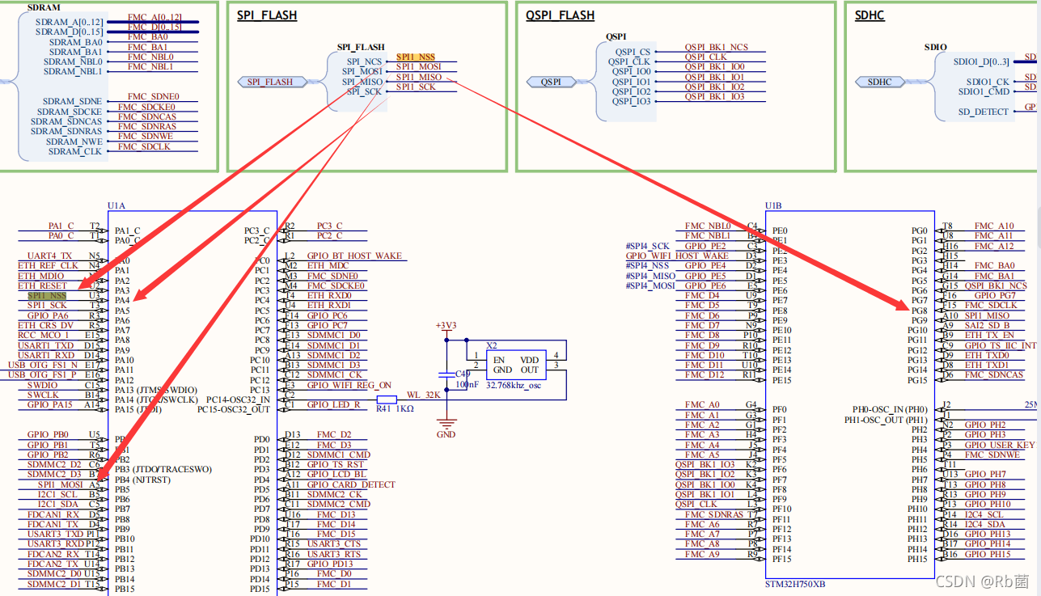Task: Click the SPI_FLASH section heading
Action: click(x=267, y=15)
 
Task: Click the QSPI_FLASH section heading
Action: click(x=560, y=15)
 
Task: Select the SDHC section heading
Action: click(x=873, y=15)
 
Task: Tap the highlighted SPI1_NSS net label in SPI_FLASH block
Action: click(x=416, y=57)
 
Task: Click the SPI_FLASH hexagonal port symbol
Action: click(x=270, y=82)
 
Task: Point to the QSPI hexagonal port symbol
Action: click(x=551, y=82)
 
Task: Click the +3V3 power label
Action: click(x=445, y=325)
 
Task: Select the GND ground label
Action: click(x=446, y=434)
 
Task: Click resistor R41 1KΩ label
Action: click(x=396, y=409)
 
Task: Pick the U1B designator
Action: click(x=773, y=206)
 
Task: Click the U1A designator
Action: click(x=116, y=206)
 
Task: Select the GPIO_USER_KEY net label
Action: click(x=999, y=445)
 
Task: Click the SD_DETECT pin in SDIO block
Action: click(x=984, y=112)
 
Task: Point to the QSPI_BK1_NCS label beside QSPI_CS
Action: click(x=716, y=48)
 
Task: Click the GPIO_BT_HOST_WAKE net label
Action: click(x=354, y=256)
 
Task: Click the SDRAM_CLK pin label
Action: click(x=75, y=151)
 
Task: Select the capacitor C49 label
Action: click(x=462, y=374)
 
